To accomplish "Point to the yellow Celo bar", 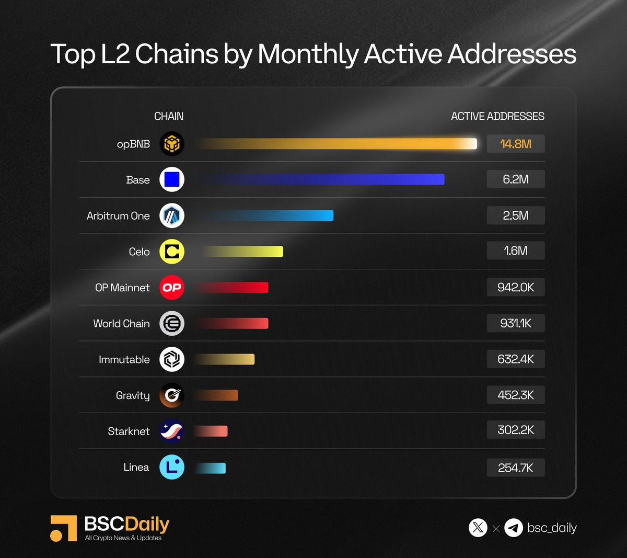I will pyautogui.click(x=243, y=252).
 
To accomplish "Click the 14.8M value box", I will pyautogui.click(x=516, y=144).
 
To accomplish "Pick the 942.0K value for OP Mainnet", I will pyautogui.click(x=516, y=287).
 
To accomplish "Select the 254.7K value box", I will pyautogui.click(x=516, y=468).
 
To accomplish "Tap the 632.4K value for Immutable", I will pyautogui.click(x=516, y=359).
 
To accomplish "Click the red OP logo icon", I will pyautogui.click(x=172, y=288).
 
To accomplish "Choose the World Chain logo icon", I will pyautogui.click(x=172, y=323).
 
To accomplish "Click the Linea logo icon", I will pyautogui.click(x=172, y=467).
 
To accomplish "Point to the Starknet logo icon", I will pyautogui.click(x=172, y=431).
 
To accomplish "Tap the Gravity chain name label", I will pyautogui.click(x=133, y=396).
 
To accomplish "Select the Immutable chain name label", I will pyautogui.click(x=124, y=360).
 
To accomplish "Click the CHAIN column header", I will pyautogui.click(x=169, y=116).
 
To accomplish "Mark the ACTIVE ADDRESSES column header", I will pyautogui.click(x=497, y=116).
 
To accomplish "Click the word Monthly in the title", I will pyautogui.click(x=308, y=54).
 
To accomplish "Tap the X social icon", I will pyautogui.click(x=478, y=528).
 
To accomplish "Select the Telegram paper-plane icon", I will pyautogui.click(x=514, y=528).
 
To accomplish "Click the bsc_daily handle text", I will pyautogui.click(x=552, y=528).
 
